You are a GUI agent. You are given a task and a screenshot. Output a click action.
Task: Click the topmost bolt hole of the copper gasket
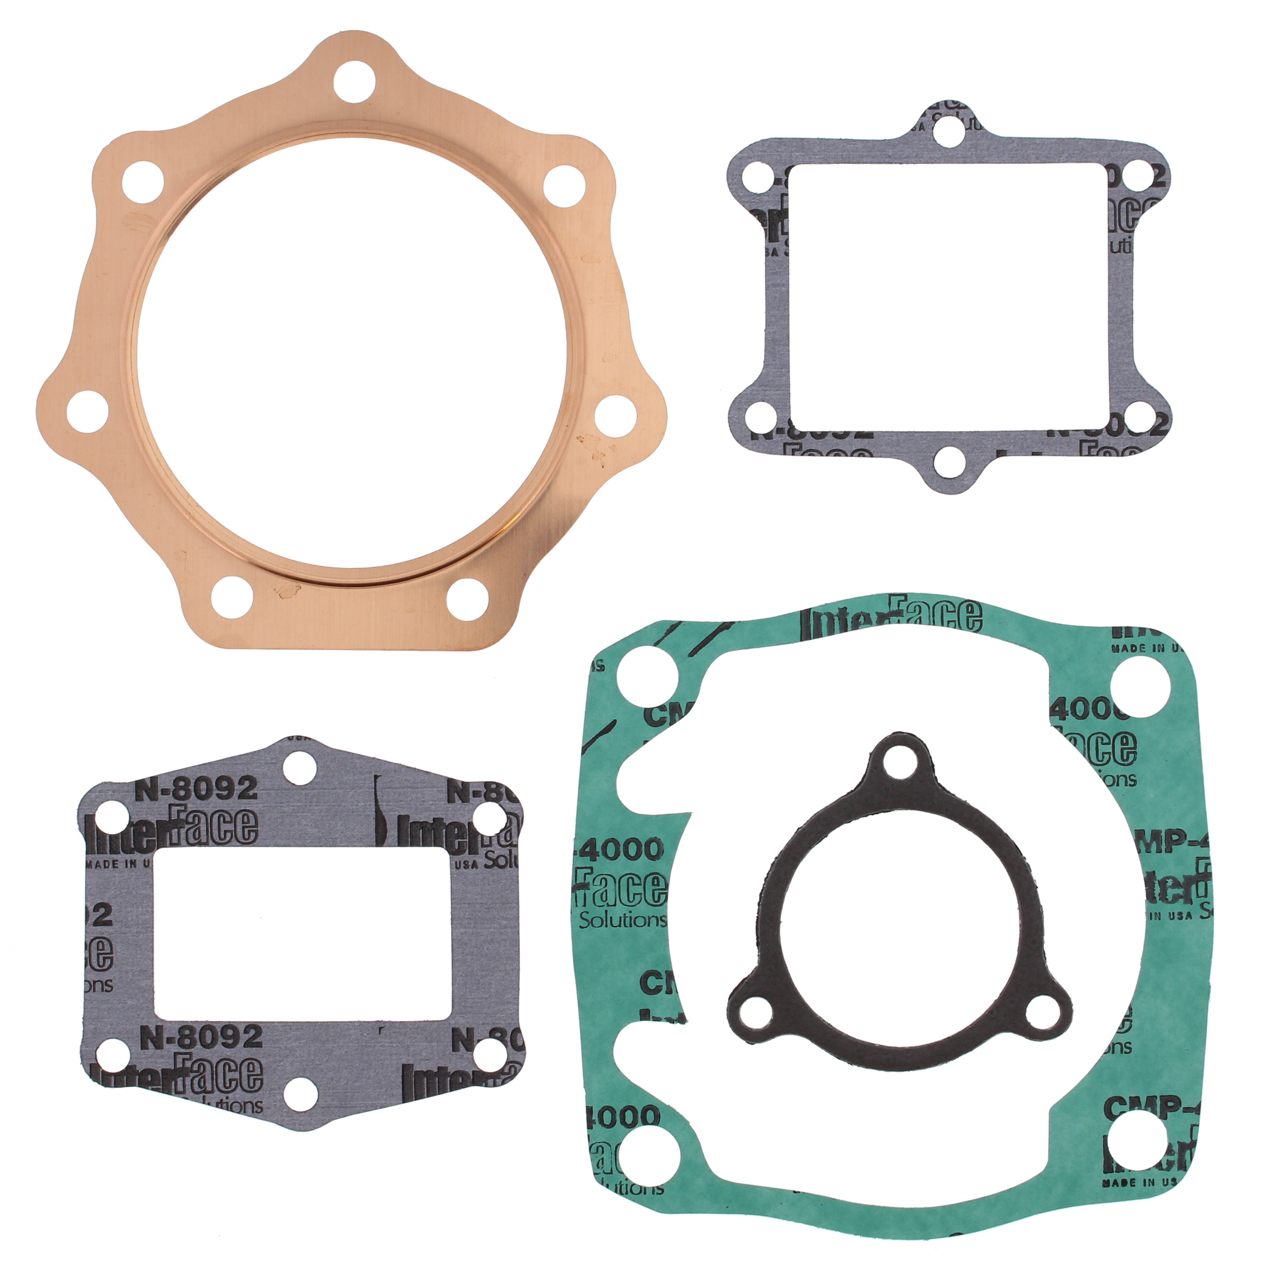tap(354, 81)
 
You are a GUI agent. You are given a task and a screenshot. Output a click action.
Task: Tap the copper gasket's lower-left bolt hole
tap(232, 597)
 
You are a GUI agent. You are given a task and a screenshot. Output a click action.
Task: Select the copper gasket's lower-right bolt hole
tap(468, 598)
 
